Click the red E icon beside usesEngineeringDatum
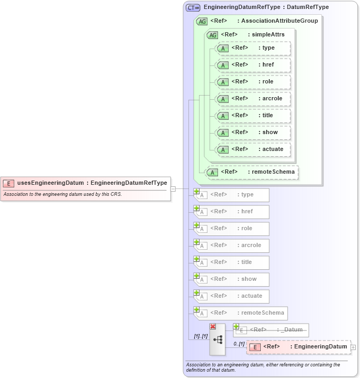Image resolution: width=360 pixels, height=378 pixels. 8,183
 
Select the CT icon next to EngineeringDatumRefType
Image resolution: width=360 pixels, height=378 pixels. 193,8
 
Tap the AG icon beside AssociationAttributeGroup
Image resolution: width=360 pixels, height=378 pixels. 202,21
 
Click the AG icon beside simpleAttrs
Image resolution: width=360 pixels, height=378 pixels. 212,35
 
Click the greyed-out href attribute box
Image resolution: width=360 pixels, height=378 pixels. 233,212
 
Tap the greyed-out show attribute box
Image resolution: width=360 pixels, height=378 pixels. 233,279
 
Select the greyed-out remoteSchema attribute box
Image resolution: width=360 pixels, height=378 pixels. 242,313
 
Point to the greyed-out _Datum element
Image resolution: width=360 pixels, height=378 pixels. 272,330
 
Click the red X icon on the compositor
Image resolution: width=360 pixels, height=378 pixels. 213,327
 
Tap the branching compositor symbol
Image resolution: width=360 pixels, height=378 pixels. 217,339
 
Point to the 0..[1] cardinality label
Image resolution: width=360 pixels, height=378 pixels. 239,344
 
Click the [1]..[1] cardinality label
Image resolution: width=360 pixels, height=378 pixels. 200,336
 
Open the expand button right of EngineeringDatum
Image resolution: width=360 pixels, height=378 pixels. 354,347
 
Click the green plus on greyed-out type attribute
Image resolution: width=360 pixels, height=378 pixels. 196,191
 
